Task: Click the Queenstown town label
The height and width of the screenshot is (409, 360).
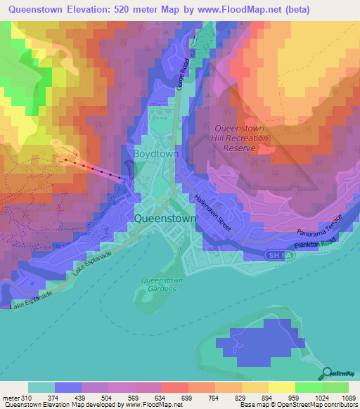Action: (x=174, y=218)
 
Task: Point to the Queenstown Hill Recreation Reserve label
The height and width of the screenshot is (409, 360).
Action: (x=240, y=138)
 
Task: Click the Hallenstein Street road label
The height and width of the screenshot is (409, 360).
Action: (x=213, y=213)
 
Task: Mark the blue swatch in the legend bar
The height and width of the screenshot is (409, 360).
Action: (x=67, y=387)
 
